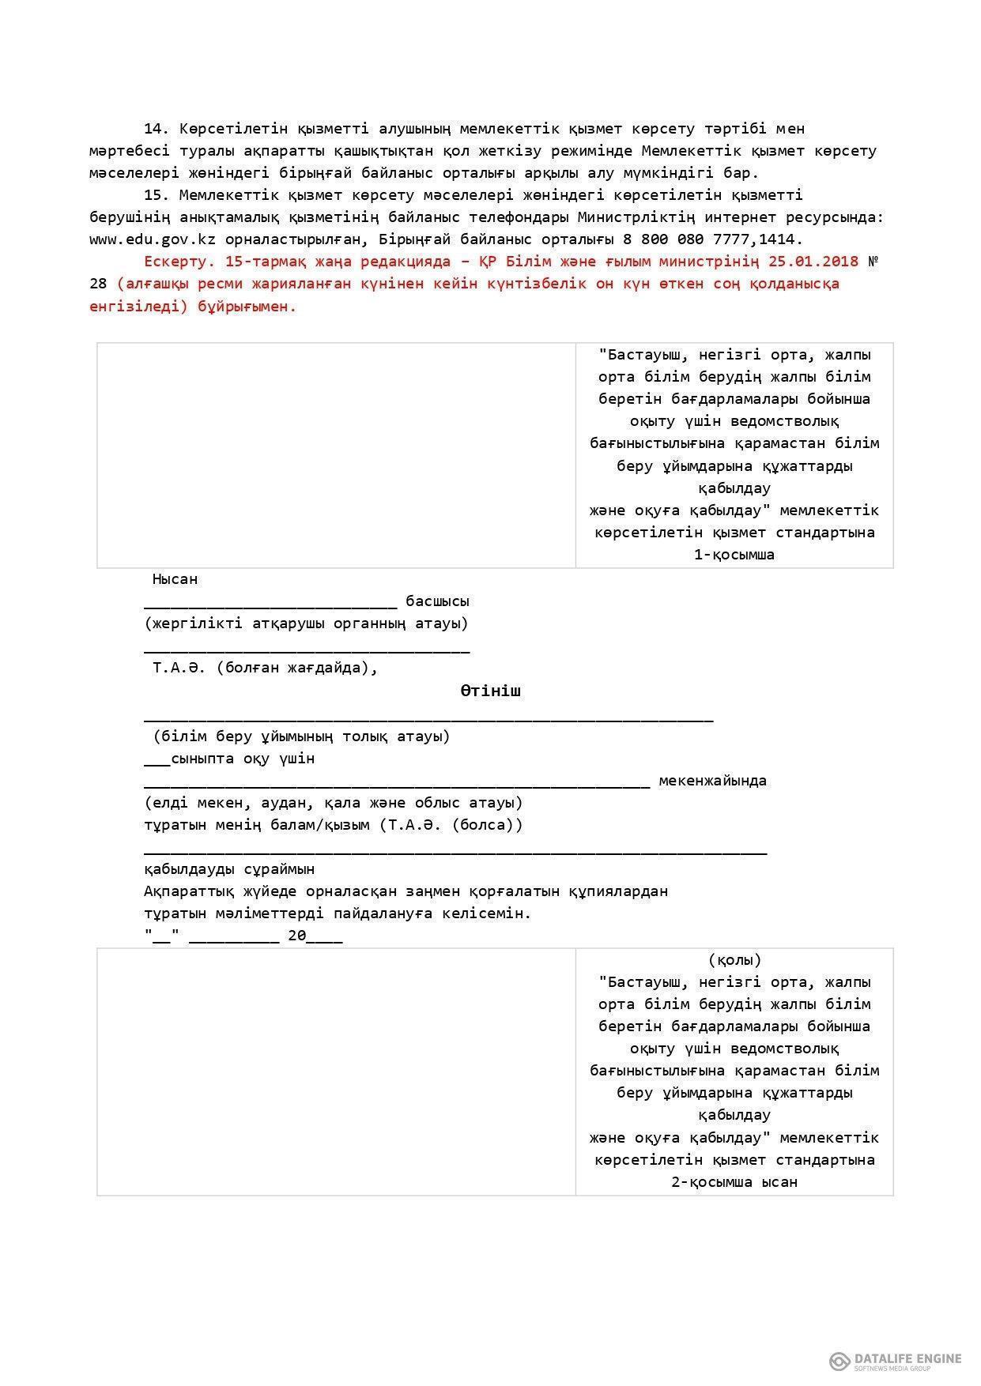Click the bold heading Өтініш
[x=491, y=691]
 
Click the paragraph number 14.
[x=157, y=128]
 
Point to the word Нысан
[x=175, y=579]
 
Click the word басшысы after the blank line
[x=437, y=601]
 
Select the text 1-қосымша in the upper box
[x=734, y=555]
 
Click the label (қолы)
[x=734, y=960]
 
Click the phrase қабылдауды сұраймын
[x=229, y=869]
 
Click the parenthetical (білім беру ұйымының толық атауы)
[x=301, y=736]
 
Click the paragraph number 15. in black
[x=157, y=194]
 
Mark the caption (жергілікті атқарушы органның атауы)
[x=306, y=623]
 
